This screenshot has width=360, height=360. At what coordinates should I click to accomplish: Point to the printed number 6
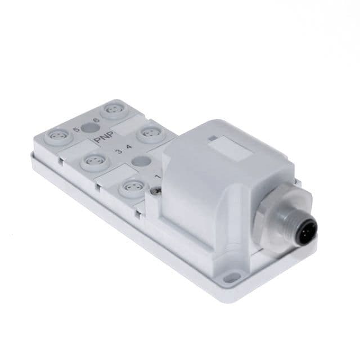click(x=97, y=120)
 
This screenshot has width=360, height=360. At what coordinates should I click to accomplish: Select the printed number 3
click(x=116, y=151)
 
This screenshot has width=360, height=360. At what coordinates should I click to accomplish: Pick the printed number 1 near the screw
click(x=157, y=178)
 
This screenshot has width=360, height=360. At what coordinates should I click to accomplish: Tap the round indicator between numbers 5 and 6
click(x=87, y=127)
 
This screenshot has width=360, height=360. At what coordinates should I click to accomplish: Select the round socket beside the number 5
click(x=57, y=135)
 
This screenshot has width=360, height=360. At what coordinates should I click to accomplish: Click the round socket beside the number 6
click(x=112, y=108)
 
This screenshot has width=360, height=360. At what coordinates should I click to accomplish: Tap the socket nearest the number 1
click(x=132, y=186)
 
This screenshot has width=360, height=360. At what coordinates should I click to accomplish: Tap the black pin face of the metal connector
click(x=307, y=231)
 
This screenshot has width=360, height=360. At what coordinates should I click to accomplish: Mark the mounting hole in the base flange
click(x=229, y=277)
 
